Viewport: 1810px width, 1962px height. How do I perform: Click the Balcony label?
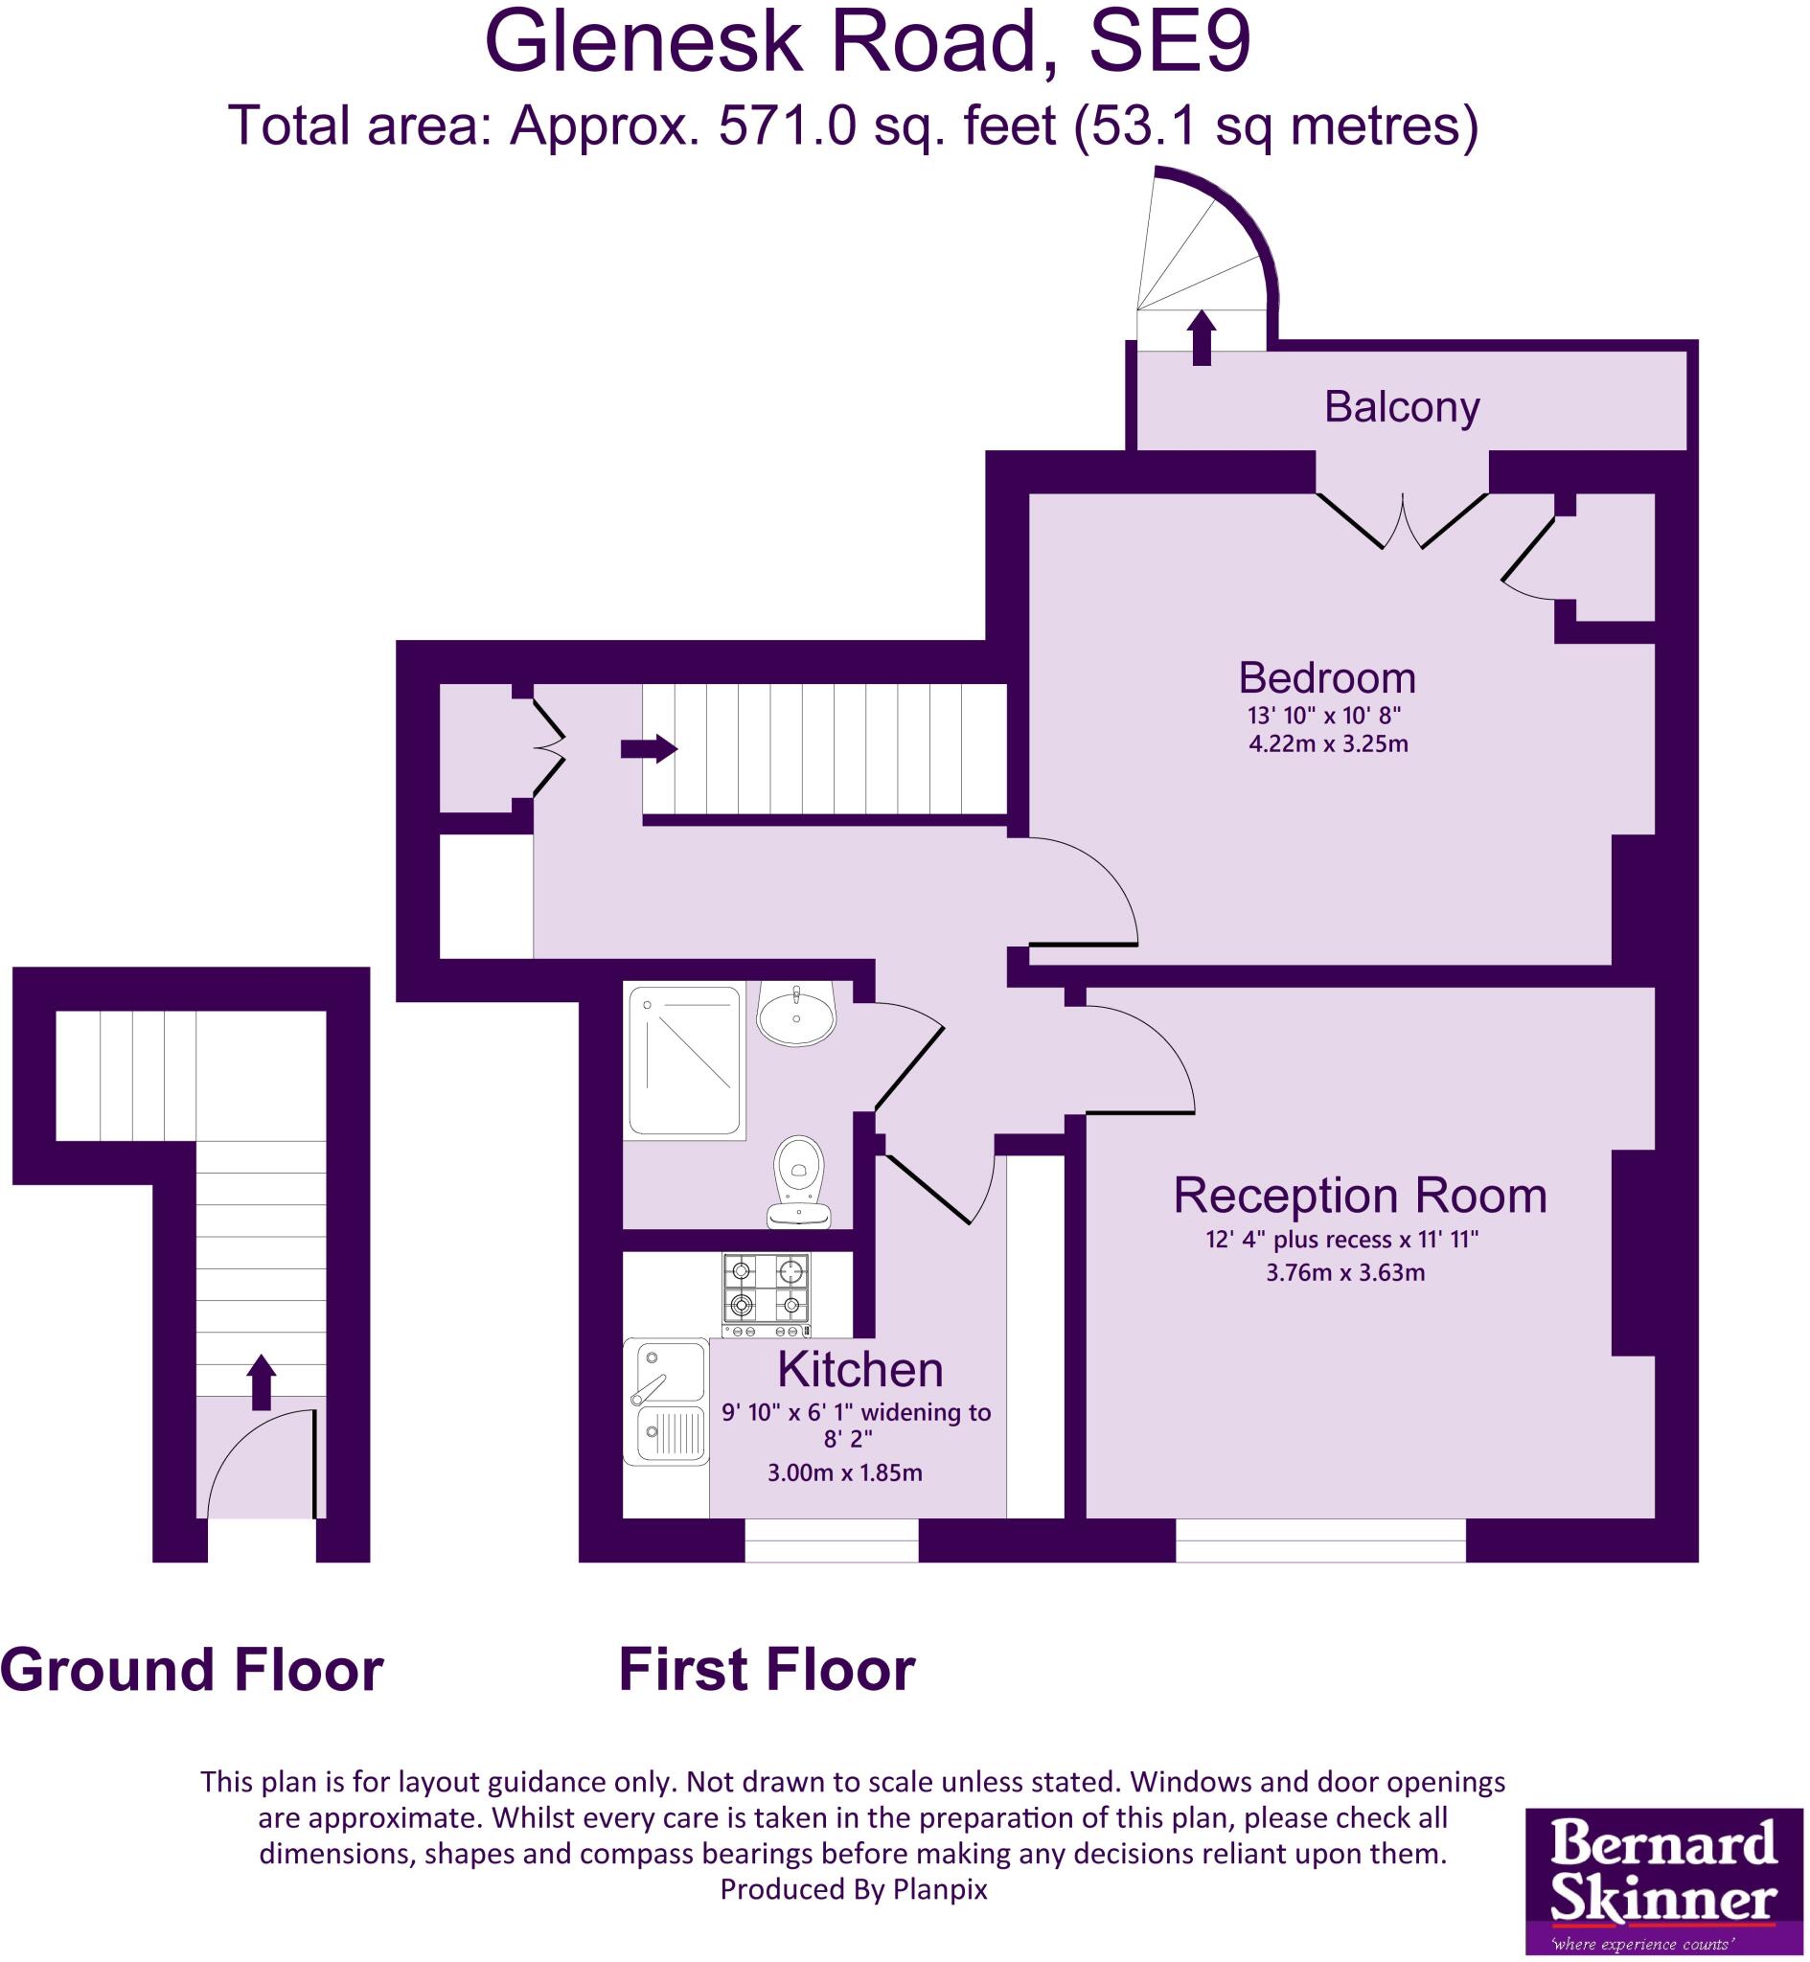click(x=1401, y=407)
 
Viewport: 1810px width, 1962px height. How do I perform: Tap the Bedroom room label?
click(x=1326, y=677)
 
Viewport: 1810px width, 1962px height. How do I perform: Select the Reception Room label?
click(x=1360, y=1196)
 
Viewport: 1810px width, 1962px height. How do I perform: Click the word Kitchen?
click(x=859, y=1370)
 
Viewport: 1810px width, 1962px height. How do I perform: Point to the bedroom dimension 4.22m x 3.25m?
click(x=1327, y=744)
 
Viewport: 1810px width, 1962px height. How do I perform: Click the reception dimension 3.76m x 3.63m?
click(x=1344, y=1273)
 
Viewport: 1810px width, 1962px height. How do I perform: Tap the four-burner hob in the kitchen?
click(x=766, y=1294)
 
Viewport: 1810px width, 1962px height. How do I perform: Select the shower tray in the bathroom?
click(x=683, y=1061)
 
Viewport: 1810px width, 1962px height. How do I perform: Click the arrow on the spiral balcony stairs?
click(x=1201, y=338)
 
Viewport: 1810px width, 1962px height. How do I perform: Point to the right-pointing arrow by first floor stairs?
click(x=649, y=749)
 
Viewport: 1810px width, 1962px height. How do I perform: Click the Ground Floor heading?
click(x=192, y=1670)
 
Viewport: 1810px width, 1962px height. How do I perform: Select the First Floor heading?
click(x=766, y=1670)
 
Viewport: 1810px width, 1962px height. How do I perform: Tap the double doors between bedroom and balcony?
click(x=1402, y=521)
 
